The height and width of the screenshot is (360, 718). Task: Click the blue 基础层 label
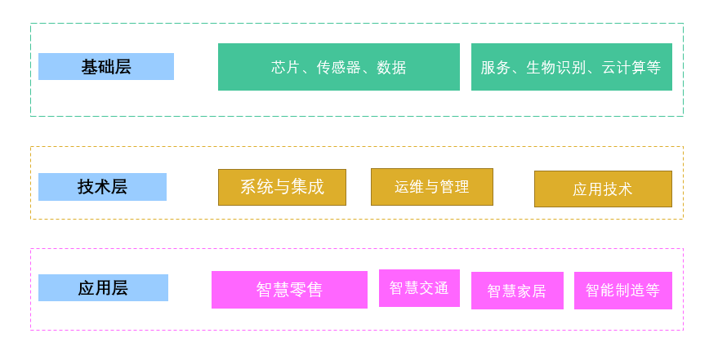tap(105, 67)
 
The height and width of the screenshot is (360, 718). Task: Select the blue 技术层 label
tap(102, 187)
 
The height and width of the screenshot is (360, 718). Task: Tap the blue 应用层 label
tap(103, 288)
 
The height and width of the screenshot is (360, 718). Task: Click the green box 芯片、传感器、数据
tap(338, 67)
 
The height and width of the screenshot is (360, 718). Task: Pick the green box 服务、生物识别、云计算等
tap(571, 67)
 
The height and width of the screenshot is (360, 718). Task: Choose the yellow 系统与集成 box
tap(282, 187)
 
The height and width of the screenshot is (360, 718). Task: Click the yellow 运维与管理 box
tap(431, 187)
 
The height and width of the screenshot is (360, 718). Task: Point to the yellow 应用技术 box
tap(603, 189)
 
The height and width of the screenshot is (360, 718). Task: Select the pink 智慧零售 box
tap(289, 290)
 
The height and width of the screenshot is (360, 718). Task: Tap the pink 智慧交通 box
tap(419, 288)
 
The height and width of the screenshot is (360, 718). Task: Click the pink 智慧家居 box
tap(517, 291)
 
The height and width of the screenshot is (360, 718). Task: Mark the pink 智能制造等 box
tap(622, 291)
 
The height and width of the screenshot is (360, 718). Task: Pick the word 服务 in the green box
tap(495, 67)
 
